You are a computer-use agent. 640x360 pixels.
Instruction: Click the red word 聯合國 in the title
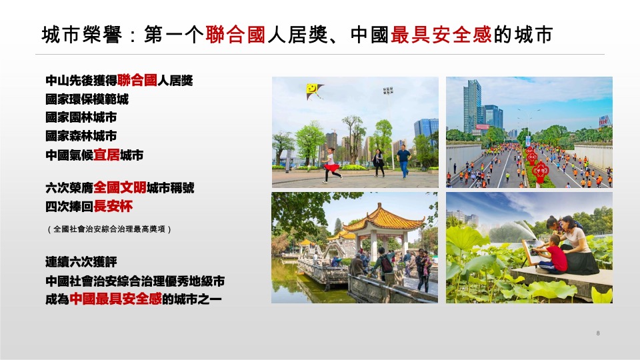pos(235,35)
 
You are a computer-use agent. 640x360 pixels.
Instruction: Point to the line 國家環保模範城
pos(87,100)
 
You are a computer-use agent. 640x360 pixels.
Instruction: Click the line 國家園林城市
pos(81,118)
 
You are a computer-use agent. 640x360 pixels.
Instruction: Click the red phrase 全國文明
pos(119,187)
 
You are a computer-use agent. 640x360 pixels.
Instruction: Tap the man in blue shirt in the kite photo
pos(403,161)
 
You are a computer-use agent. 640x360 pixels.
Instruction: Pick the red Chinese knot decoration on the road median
pos(539,163)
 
